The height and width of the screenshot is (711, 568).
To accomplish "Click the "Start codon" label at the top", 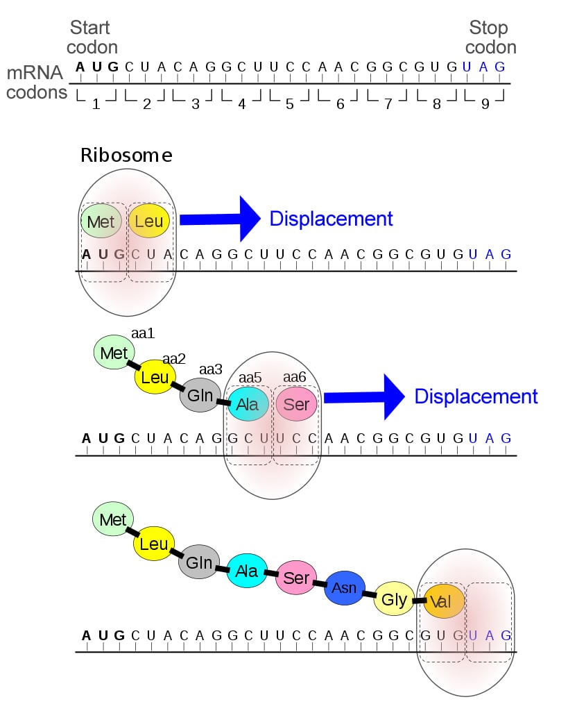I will point(94,37).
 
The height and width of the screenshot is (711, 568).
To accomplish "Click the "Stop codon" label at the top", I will point(490,37).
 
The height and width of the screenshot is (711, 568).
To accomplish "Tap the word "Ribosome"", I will point(126,155).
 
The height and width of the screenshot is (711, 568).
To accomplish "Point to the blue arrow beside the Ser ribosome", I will point(364,396).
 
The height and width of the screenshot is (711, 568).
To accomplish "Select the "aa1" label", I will point(143,334).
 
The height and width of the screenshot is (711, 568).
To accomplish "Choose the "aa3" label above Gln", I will point(211,369).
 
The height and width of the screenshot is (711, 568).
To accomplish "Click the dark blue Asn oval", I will point(345,588).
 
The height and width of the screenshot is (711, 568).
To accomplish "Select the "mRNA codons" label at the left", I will point(36,82).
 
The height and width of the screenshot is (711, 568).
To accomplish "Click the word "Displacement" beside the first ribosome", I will point(331,219).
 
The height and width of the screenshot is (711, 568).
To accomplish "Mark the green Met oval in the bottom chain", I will point(113,520).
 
